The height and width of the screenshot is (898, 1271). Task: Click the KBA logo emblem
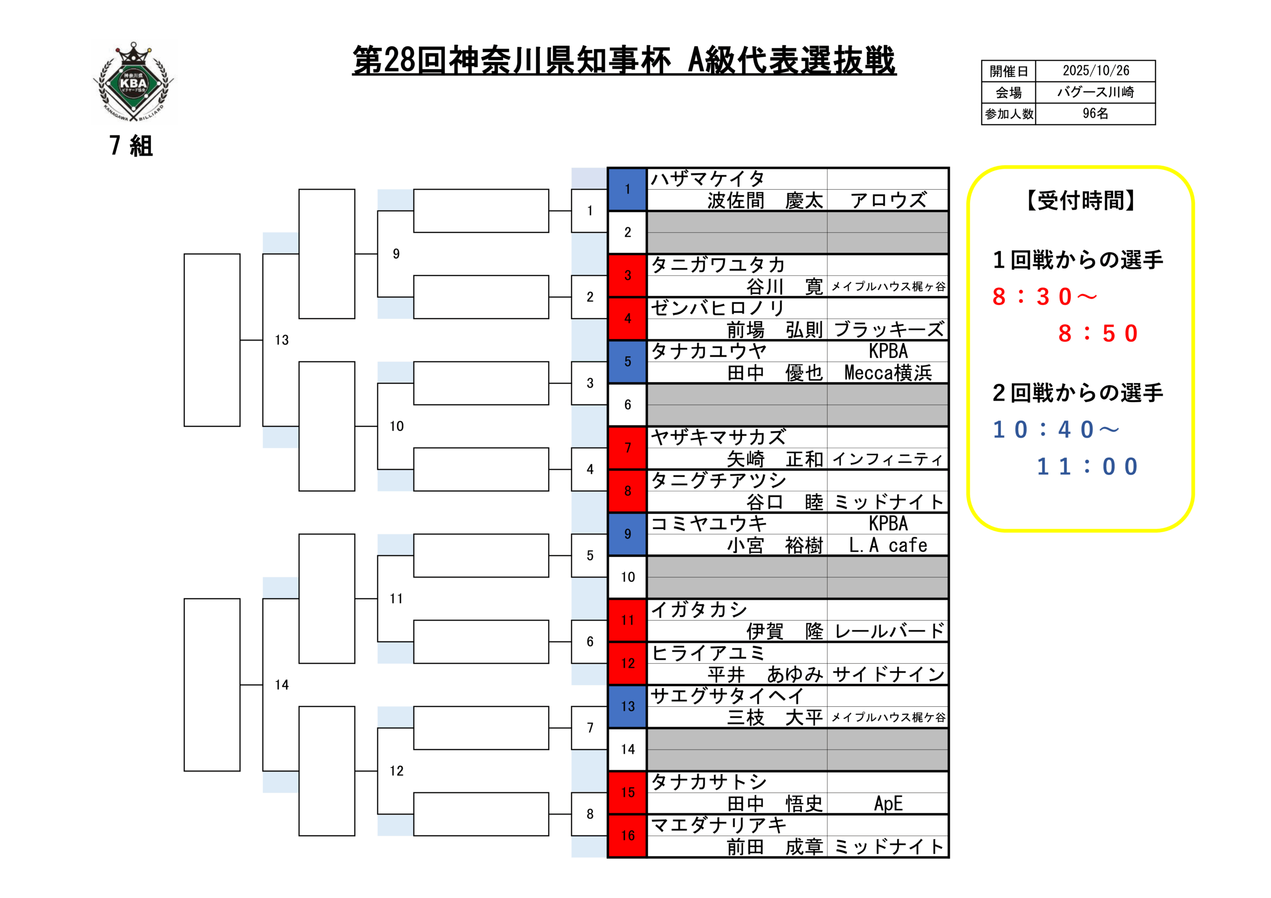point(134,81)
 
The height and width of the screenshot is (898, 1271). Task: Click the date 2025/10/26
point(1096,71)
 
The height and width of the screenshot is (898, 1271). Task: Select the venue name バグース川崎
point(1096,92)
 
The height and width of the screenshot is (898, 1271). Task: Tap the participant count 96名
point(1096,114)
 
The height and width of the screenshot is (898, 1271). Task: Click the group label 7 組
point(131,145)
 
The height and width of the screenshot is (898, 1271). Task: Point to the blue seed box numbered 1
point(627,189)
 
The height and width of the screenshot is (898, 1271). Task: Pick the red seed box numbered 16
point(627,835)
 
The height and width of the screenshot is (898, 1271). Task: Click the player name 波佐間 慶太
point(765,201)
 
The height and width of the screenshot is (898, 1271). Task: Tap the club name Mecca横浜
point(888,373)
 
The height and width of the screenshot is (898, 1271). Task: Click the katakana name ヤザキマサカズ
point(718,437)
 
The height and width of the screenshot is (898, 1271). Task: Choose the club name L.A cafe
point(888,546)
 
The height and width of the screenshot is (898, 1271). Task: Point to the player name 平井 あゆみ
point(765,674)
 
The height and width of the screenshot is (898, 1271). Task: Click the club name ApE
point(888,804)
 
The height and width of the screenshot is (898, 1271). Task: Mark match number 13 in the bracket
point(282,340)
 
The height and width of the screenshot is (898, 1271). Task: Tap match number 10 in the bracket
point(396,426)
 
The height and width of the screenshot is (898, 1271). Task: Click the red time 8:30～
point(1044,297)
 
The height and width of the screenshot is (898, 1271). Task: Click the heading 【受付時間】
point(1080,201)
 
